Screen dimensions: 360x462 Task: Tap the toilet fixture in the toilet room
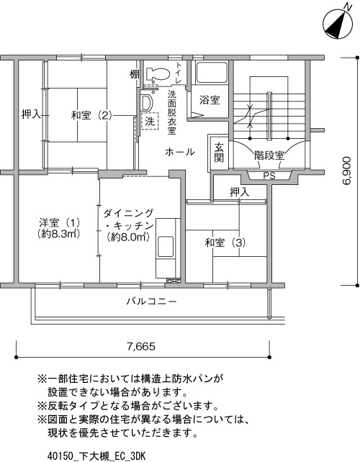tap(158, 74)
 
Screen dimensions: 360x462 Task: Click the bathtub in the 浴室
tap(212, 73)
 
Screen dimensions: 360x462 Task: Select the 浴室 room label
tap(210, 100)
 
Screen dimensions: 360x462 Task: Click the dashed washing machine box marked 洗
tap(150, 121)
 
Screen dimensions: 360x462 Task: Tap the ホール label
tap(180, 152)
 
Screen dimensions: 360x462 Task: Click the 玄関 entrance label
tap(219, 153)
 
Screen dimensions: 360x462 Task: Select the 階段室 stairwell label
tap(269, 155)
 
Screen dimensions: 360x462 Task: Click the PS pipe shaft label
tap(269, 176)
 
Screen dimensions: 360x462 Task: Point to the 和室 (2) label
tap(91, 115)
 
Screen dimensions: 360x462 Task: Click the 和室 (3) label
tap(225, 243)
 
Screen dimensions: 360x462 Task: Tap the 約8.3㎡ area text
tap(59, 234)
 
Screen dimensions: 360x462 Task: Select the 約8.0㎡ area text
tap(128, 237)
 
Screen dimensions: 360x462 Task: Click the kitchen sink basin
tap(165, 247)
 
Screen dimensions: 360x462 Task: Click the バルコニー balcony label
tap(152, 301)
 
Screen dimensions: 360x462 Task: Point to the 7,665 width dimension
tap(141, 347)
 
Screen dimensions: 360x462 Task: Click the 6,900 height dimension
tap(347, 171)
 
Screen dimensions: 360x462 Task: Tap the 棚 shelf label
tap(134, 74)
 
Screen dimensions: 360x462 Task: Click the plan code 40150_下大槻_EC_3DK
tap(96, 456)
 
